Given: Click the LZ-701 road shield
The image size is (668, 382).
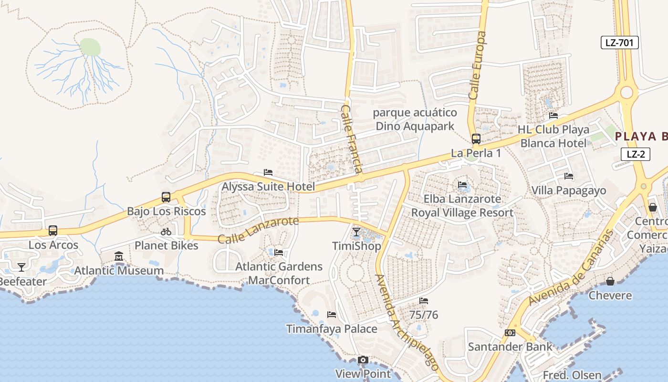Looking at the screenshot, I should (x=619, y=42).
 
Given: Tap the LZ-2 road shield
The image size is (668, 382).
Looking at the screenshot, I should (x=636, y=154).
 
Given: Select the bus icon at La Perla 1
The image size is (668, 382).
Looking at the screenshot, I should (x=476, y=139).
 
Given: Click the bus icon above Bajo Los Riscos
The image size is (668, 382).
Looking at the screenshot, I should (x=166, y=197).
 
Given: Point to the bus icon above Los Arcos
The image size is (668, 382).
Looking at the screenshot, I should (x=53, y=231).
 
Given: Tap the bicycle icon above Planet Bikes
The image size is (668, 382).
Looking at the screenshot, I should (x=166, y=232).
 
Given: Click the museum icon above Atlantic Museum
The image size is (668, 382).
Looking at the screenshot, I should (x=119, y=257).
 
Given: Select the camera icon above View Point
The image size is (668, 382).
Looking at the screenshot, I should (x=363, y=360).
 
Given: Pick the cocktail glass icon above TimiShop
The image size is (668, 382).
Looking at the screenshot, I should (x=356, y=233).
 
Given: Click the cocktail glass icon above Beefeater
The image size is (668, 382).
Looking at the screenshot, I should (x=21, y=267).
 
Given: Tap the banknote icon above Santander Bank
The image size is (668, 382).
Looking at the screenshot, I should (x=510, y=333).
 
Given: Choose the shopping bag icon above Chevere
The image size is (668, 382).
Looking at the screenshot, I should (x=610, y=281).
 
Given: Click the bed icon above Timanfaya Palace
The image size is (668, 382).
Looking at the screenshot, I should (x=332, y=315).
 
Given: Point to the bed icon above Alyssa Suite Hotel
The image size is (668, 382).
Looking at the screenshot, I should (x=268, y=172).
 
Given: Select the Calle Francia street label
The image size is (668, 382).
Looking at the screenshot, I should (x=352, y=139).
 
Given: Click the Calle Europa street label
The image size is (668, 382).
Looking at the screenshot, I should (x=478, y=65).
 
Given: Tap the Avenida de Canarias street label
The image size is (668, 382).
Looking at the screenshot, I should (x=571, y=267).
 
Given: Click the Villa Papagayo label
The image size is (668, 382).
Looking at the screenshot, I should (x=569, y=191).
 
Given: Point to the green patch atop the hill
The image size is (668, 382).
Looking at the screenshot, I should (x=90, y=47).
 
